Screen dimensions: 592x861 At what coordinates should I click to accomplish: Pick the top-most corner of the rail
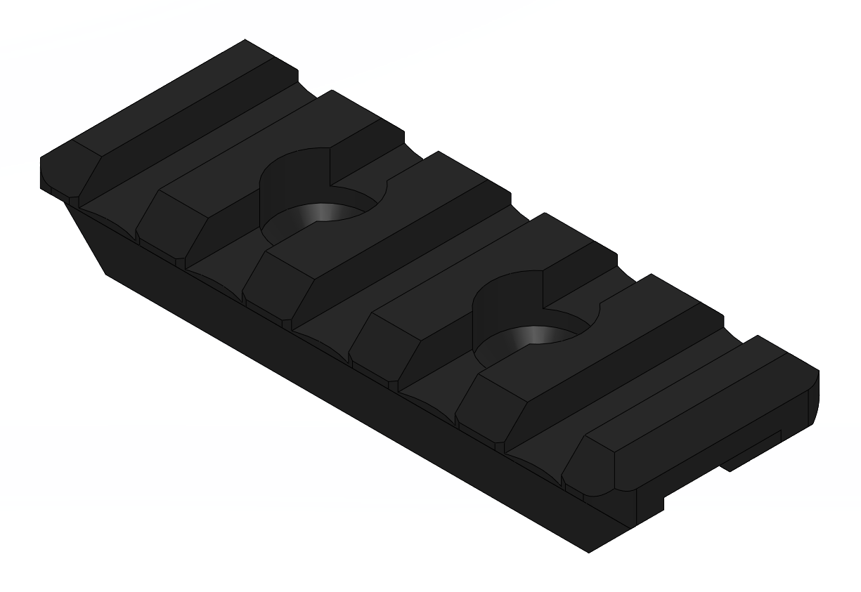245,40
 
